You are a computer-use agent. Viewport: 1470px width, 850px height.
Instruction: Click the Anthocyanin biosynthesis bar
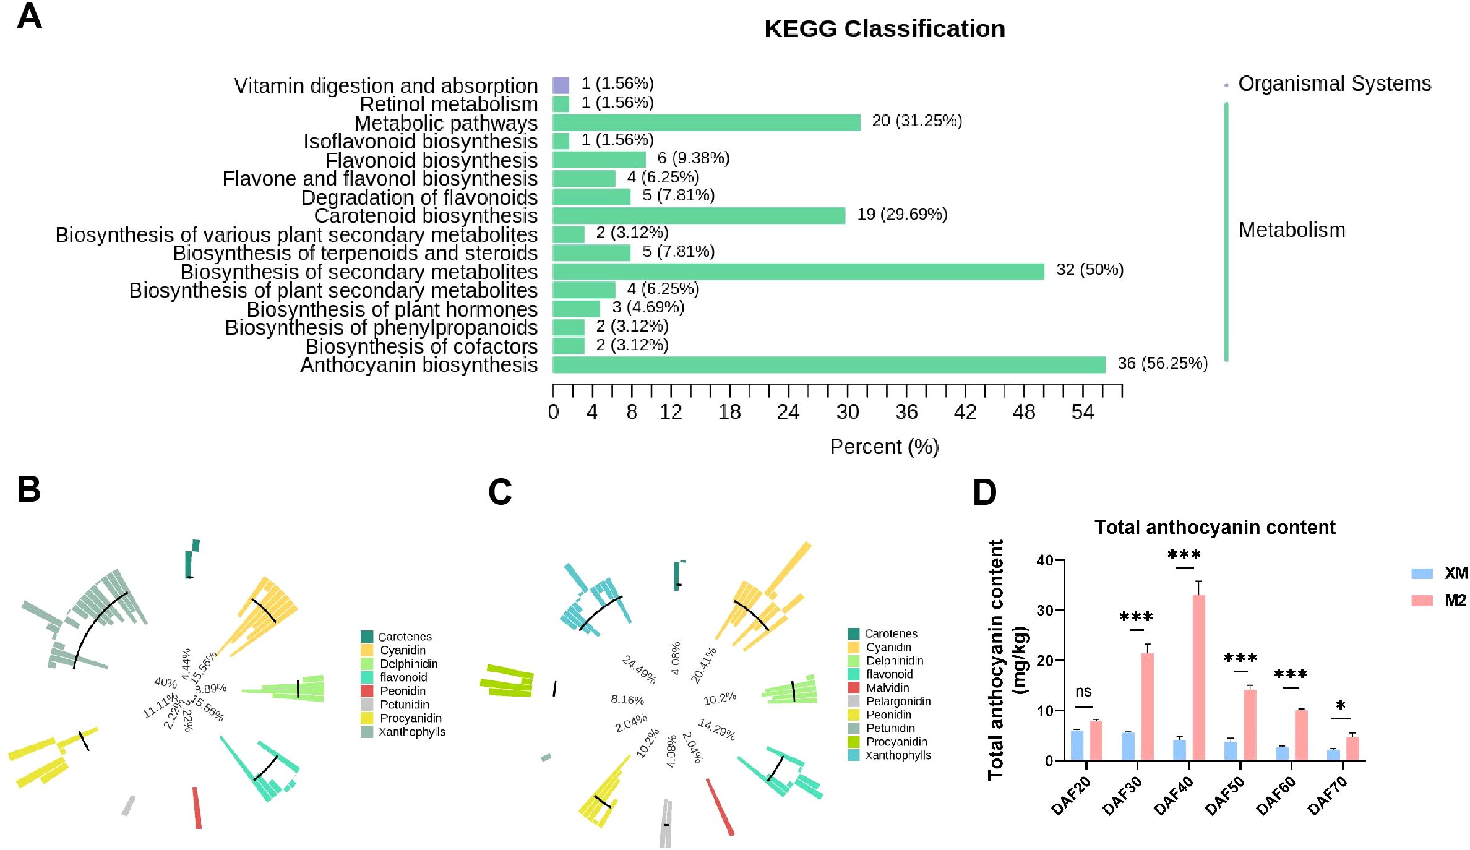(x=828, y=365)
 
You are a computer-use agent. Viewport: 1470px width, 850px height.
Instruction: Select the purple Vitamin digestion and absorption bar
(x=561, y=85)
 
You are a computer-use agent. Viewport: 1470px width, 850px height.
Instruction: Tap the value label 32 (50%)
(x=1090, y=270)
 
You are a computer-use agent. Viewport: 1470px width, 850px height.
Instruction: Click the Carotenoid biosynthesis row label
(x=426, y=216)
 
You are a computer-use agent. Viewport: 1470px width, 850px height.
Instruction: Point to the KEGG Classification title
(x=884, y=29)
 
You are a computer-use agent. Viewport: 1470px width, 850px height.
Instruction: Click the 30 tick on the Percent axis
(x=847, y=412)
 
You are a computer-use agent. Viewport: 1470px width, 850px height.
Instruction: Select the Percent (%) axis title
(x=884, y=447)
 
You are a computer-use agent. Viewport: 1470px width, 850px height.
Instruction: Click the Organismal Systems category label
(x=1335, y=84)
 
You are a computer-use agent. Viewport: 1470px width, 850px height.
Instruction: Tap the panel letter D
(x=984, y=492)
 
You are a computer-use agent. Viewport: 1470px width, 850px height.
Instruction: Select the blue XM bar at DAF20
(x=1077, y=745)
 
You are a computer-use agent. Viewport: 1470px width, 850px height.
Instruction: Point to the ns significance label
(x=1083, y=691)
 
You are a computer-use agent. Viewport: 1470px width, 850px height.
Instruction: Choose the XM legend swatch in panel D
(x=1422, y=573)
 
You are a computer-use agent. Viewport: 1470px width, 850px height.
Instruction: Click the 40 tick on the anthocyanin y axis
(x=1045, y=560)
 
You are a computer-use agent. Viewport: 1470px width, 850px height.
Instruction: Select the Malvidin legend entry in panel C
(x=887, y=688)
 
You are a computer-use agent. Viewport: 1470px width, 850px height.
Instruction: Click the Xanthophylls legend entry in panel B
(x=412, y=732)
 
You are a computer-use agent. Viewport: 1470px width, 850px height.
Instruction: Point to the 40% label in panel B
(x=165, y=682)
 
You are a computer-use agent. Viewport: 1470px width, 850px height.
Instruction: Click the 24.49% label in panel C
(x=638, y=670)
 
